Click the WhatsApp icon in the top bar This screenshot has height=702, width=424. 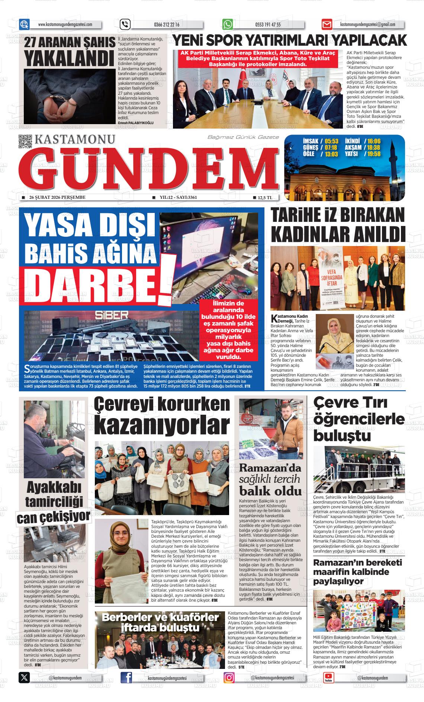(227, 25)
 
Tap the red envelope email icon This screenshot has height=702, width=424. (327, 25)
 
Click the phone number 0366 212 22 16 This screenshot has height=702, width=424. (166, 25)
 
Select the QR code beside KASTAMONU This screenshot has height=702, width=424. (25, 141)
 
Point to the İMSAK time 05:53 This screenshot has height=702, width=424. (331, 141)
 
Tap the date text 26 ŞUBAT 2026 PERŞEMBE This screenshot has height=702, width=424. (57, 197)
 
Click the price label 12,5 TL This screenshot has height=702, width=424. (265, 197)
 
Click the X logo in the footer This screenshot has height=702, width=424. (24, 678)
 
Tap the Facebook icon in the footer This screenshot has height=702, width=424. (126, 678)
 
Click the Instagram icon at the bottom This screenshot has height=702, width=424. (229, 678)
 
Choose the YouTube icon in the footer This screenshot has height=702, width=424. (328, 678)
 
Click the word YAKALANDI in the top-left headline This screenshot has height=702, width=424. (68, 57)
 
